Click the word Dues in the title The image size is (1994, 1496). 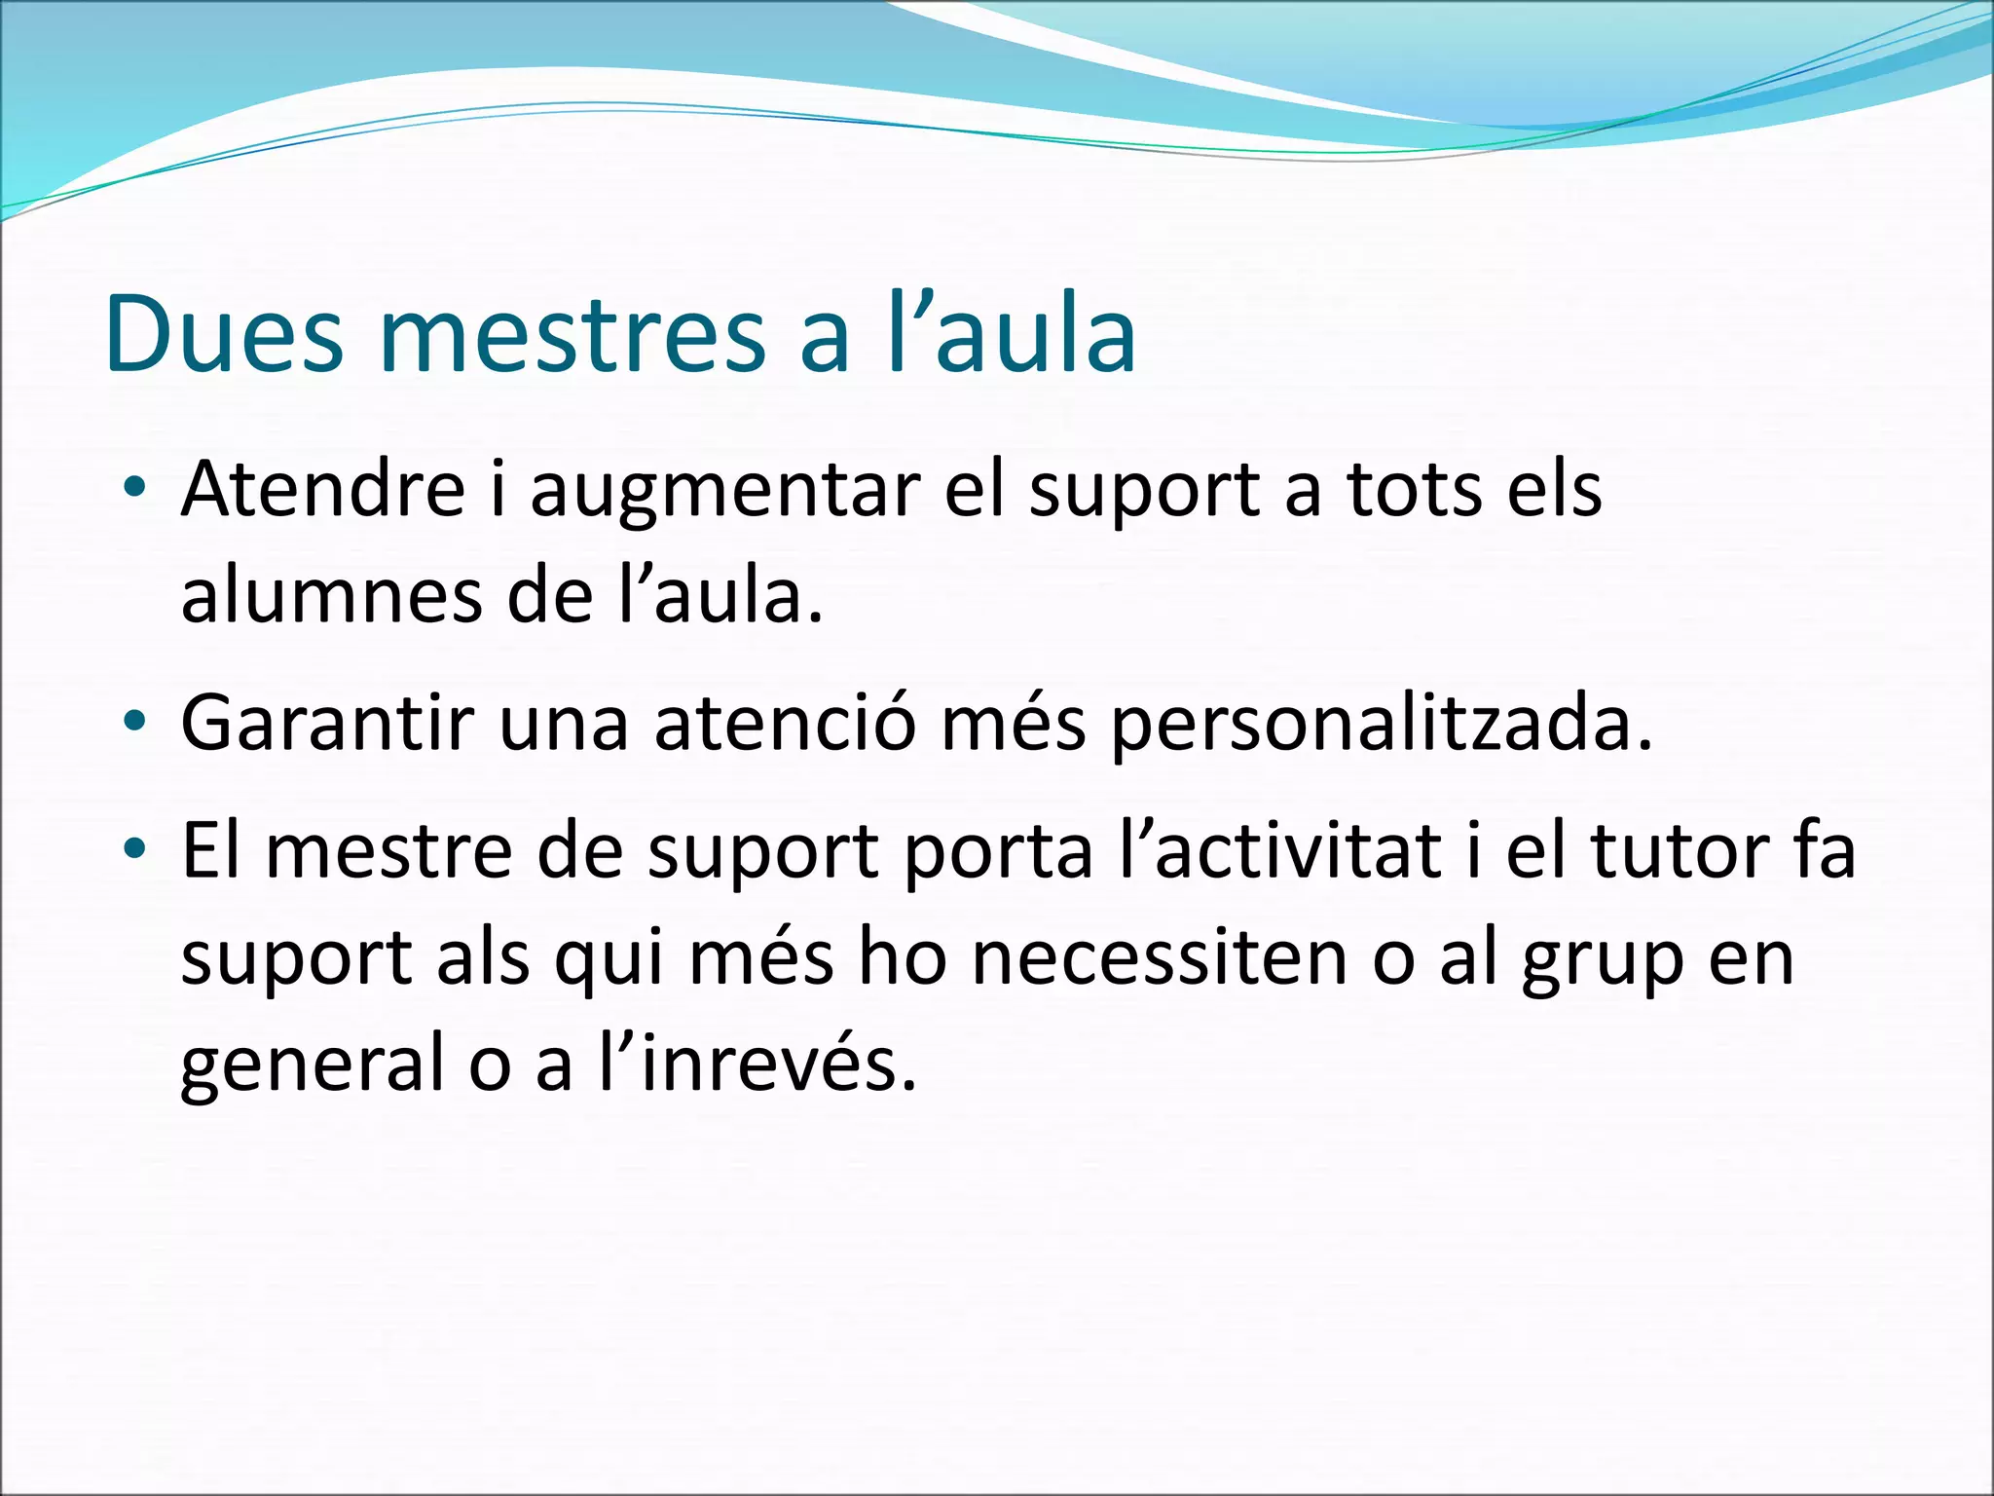coord(224,334)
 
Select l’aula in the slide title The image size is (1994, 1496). coord(1013,334)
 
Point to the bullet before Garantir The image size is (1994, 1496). coord(135,722)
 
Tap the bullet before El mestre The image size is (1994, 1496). coord(135,849)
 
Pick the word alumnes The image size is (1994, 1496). coord(332,596)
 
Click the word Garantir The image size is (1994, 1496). coord(327,724)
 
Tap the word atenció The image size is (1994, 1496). coord(785,724)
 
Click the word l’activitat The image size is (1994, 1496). coord(1281,851)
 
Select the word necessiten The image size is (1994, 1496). coord(1159,958)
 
